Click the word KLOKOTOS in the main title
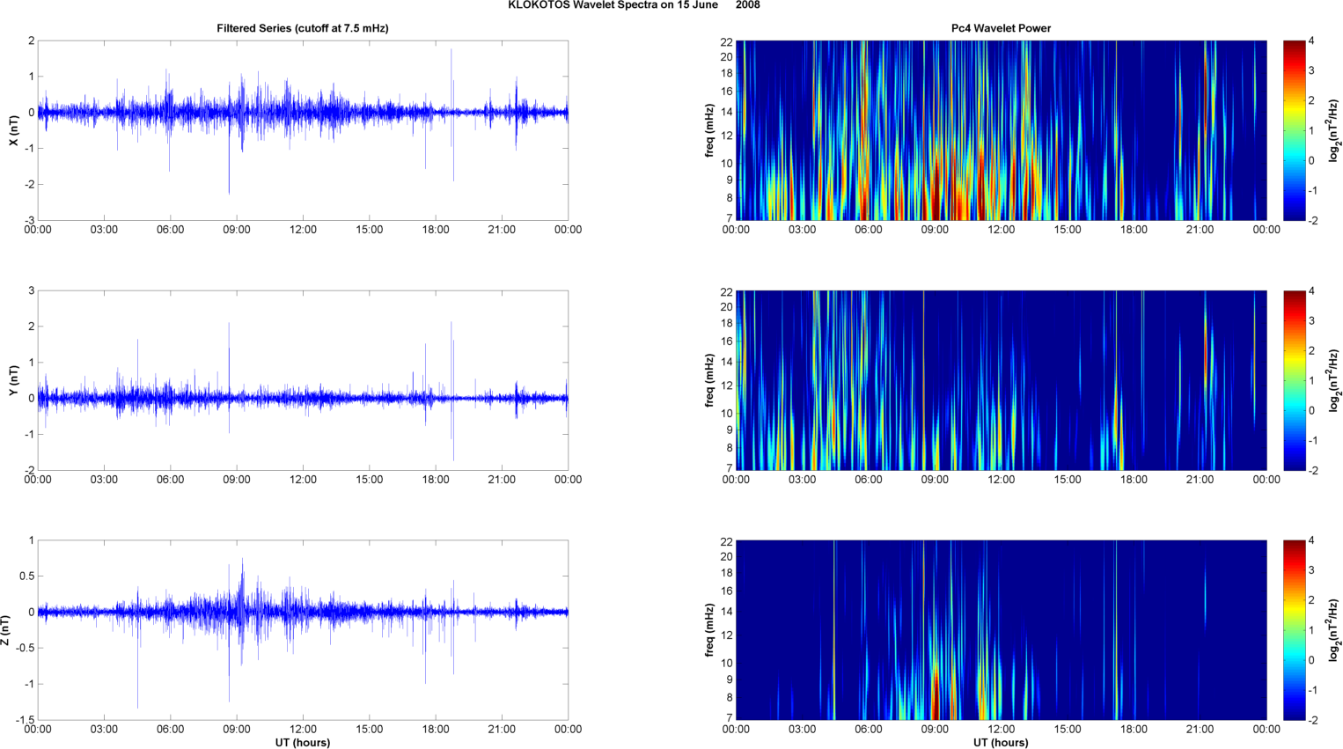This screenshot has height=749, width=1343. point(536,5)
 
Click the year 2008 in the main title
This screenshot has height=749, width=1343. point(748,5)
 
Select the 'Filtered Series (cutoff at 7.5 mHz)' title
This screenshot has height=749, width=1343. point(302,28)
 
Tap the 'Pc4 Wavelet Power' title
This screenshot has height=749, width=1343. point(1001,28)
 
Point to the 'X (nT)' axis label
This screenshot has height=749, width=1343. point(13,130)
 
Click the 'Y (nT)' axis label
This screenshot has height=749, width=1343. point(13,380)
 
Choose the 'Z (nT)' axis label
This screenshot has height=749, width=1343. point(6,630)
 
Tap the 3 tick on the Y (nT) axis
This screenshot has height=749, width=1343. point(31,290)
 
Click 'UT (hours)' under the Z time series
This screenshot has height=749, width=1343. point(302,743)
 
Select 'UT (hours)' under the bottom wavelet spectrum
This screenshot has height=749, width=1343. point(1001,743)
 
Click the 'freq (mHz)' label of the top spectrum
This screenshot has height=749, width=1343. point(709,130)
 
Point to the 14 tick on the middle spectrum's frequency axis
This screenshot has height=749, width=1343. point(727,362)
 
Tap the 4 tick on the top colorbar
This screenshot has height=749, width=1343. point(1312,41)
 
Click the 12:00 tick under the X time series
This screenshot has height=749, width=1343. point(303,230)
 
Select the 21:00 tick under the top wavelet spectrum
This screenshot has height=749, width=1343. point(1200,230)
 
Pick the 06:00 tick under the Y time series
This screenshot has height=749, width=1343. point(170,480)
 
